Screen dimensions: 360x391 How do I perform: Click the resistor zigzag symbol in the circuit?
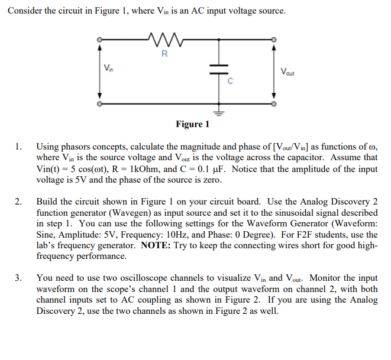pyautogui.click(x=164, y=41)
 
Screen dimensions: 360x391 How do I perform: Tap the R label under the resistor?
pyautogui.click(x=164, y=55)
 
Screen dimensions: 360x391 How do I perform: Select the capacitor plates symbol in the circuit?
pyautogui.click(x=218, y=69)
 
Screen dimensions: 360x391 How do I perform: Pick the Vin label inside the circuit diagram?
pyautogui.click(x=108, y=66)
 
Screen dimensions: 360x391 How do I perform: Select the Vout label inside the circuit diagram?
pyautogui.click(x=288, y=73)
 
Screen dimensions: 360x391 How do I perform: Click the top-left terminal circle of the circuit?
pyautogui.click(x=99, y=41)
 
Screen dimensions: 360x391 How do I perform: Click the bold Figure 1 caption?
pyautogui.click(x=192, y=124)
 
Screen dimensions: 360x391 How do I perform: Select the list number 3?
pyautogui.click(x=19, y=277)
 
